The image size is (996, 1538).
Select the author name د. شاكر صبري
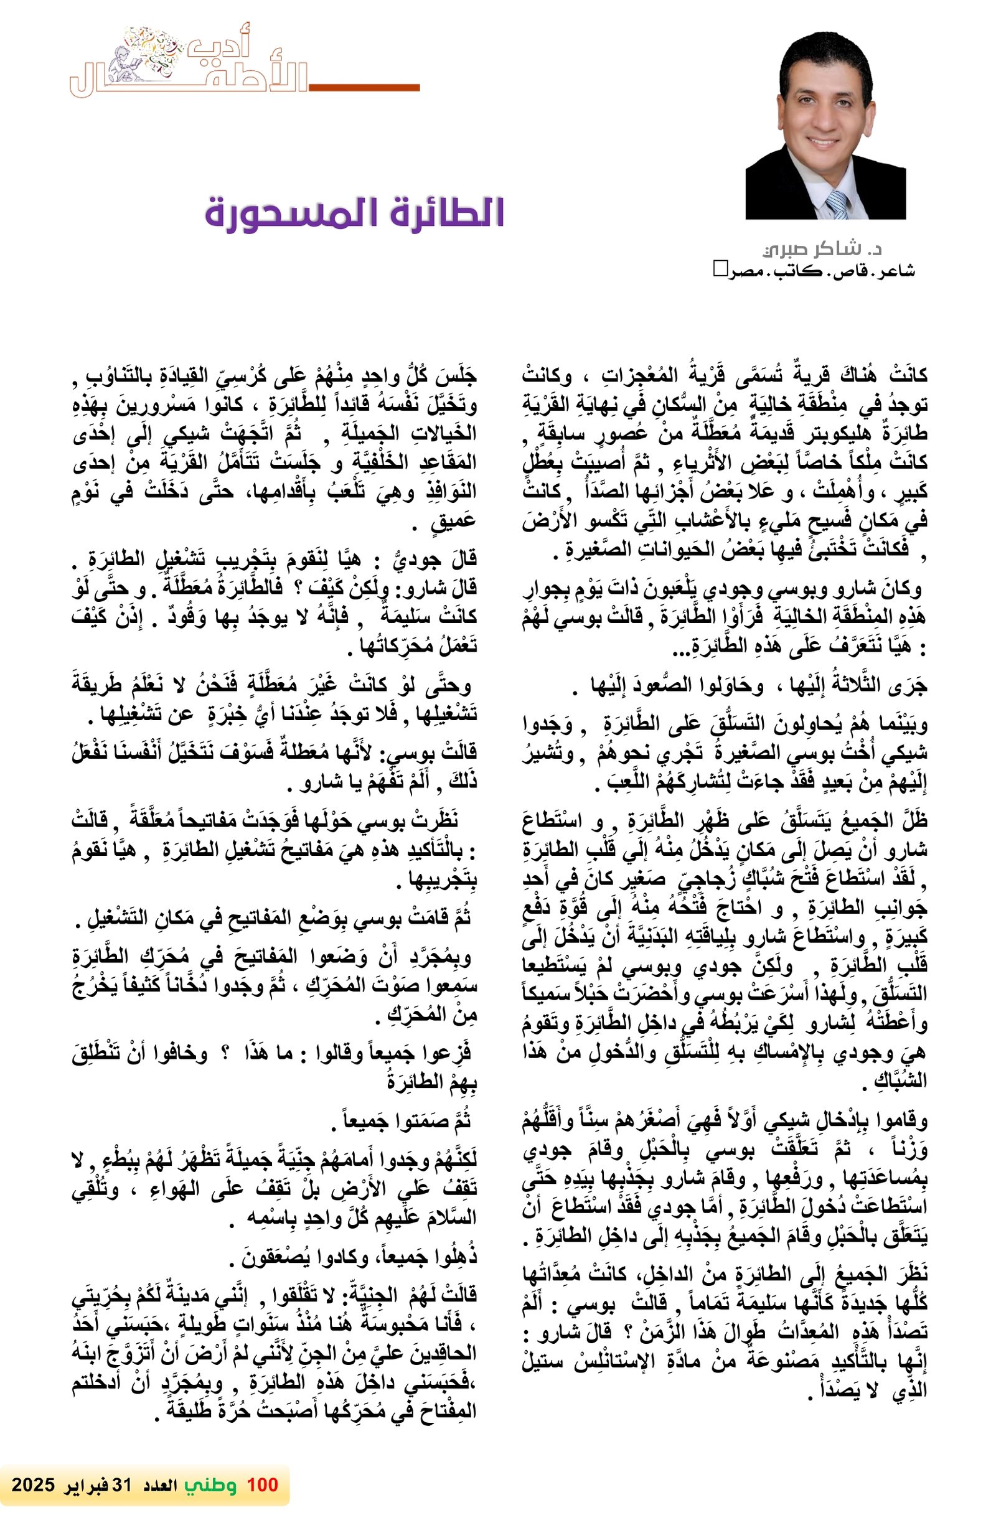(x=822, y=249)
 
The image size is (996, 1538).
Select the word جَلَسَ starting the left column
(x=458, y=375)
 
